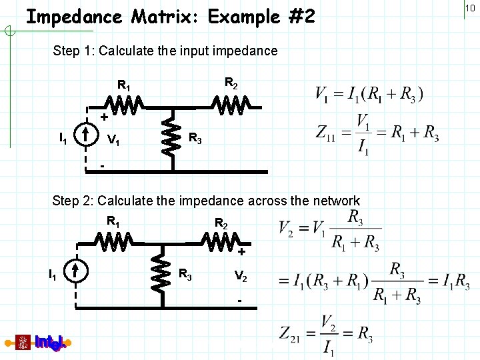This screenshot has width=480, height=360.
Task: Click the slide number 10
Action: click(x=469, y=7)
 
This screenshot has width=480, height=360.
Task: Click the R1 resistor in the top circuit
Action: click(x=124, y=105)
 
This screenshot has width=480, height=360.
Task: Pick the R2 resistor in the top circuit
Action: click(x=231, y=105)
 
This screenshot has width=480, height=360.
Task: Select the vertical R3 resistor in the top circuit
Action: click(x=172, y=136)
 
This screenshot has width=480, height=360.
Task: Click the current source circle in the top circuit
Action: click(x=87, y=137)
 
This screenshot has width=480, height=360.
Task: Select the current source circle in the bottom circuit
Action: click(x=75, y=271)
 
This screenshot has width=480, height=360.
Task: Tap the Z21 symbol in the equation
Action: click(x=295, y=333)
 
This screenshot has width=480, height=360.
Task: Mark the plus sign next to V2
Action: click(x=241, y=252)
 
